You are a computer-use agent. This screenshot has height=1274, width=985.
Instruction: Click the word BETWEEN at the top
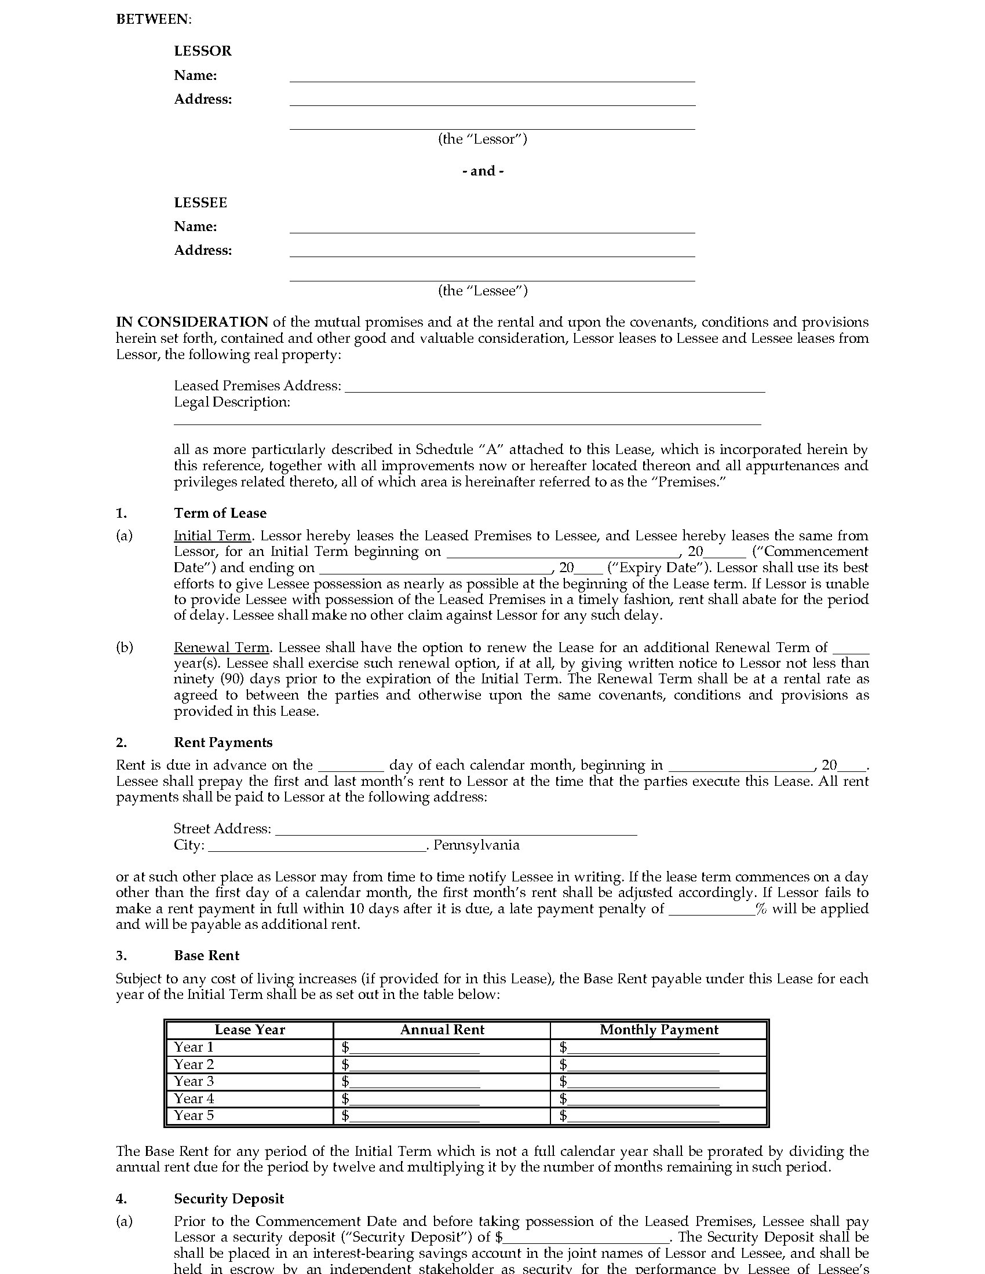coord(154,19)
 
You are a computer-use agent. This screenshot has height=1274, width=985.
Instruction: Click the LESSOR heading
coord(202,51)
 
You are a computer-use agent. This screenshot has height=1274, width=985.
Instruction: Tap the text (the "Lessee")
coord(483,291)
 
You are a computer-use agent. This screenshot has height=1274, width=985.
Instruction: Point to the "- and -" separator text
coord(483,171)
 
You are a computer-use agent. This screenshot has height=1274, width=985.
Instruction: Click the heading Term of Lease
coord(220,512)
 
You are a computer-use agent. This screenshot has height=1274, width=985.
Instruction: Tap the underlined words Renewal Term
coord(221,647)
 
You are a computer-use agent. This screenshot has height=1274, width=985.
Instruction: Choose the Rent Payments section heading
coord(223,742)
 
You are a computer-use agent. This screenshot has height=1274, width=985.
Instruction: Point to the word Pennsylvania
coord(476,845)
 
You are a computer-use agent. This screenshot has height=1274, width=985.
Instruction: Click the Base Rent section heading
coord(207,955)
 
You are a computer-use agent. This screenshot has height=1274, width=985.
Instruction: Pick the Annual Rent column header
coord(442,1030)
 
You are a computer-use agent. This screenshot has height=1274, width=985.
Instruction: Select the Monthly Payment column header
coord(659,1030)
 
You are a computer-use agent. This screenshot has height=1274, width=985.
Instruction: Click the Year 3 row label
coord(194,1081)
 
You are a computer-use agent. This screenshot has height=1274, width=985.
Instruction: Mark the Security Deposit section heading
coord(229,1198)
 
